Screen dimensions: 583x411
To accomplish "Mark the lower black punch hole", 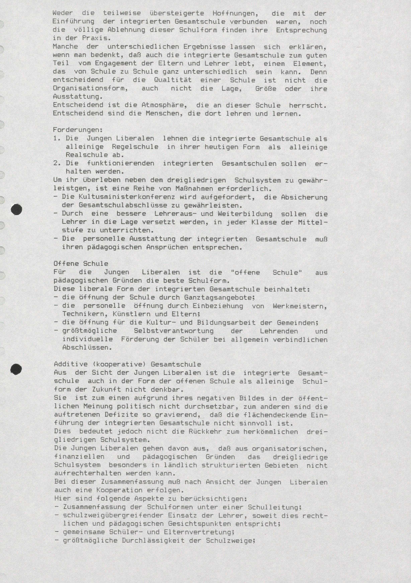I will [x=16, y=369].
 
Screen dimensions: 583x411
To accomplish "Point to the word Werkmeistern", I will [x=300, y=306].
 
